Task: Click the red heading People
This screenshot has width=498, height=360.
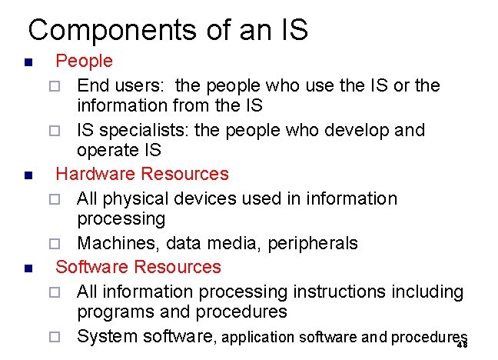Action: click(x=84, y=61)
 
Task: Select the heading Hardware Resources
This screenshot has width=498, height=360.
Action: click(x=142, y=174)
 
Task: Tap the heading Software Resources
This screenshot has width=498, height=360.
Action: click(x=138, y=267)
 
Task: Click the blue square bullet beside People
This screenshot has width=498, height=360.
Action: click(x=27, y=62)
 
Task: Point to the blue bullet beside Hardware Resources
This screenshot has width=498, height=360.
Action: click(x=27, y=175)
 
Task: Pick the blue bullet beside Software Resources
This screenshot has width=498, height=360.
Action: click(x=27, y=268)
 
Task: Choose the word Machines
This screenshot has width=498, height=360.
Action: click(x=114, y=243)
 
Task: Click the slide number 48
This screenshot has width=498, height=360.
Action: click(x=462, y=345)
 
